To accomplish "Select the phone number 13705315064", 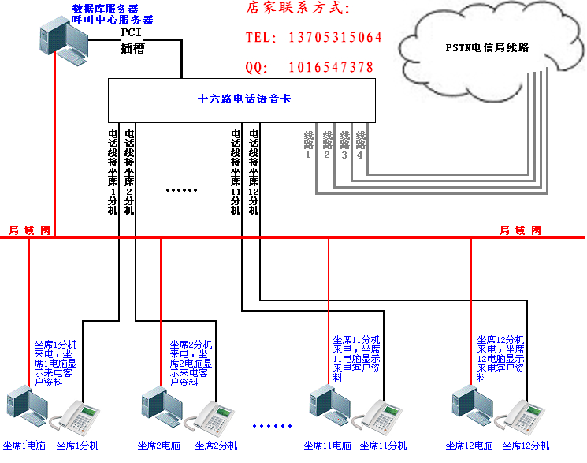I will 336,38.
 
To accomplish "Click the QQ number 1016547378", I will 331,68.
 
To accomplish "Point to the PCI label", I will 131,33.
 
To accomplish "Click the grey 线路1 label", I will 308,144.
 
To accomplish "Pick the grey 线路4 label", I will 361,144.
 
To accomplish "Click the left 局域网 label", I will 29,230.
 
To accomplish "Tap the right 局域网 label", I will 521,230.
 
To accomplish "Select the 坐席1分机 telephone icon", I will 80,417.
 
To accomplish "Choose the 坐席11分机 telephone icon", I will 380,417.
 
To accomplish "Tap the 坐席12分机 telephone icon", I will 526,417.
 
